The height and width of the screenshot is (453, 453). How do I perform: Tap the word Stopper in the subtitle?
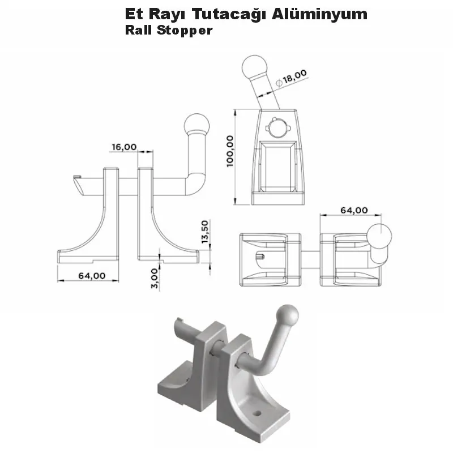(185, 30)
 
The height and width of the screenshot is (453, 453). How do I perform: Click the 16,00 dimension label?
(124, 147)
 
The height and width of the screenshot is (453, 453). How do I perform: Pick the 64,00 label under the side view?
(92, 276)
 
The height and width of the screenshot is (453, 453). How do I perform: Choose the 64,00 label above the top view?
(353, 210)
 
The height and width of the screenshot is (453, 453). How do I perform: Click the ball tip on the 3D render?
(288, 314)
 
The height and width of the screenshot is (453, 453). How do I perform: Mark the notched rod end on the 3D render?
(181, 324)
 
